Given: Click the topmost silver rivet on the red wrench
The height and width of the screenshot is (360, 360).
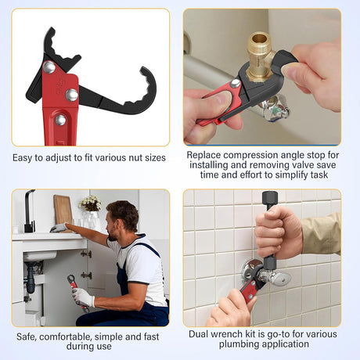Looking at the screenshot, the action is click(49, 67).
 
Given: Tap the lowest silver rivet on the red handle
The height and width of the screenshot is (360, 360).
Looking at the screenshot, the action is click(60, 120).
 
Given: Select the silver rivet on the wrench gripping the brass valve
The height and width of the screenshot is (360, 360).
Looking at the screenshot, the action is click(236, 83).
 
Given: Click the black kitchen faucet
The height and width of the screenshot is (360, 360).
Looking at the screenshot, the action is click(29, 211).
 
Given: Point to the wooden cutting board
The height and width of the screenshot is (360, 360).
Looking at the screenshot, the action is click(63, 211).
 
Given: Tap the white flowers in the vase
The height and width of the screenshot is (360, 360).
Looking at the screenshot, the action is click(90, 203).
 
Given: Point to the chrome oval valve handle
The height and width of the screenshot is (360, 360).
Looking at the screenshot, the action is click(282, 279).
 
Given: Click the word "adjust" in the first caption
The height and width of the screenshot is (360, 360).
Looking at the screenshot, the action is click(59, 158).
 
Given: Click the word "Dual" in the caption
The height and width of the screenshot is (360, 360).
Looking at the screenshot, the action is click(198, 334).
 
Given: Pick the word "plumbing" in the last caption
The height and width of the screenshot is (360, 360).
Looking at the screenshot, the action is click(237, 344).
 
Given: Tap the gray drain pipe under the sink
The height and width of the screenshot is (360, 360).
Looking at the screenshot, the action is click(31, 277).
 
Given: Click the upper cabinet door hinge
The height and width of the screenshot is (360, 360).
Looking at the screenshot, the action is click(86, 254).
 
